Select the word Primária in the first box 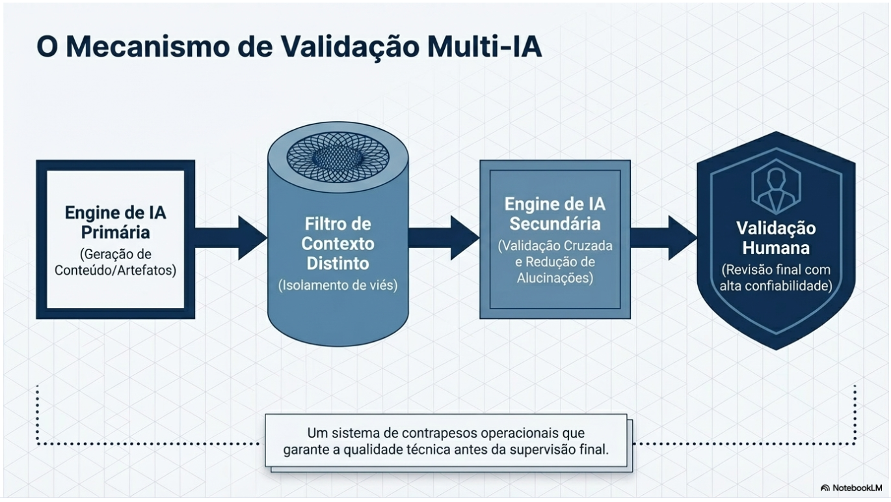pos(116,232)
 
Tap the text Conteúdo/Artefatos pos(116,270)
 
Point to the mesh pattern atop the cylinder pos(338,156)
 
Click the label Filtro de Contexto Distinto pos(338,244)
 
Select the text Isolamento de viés pos(338,285)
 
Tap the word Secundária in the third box pos(555,224)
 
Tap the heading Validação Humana pos(776,238)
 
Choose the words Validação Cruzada pos(555,247)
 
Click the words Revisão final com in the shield pos(776,270)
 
